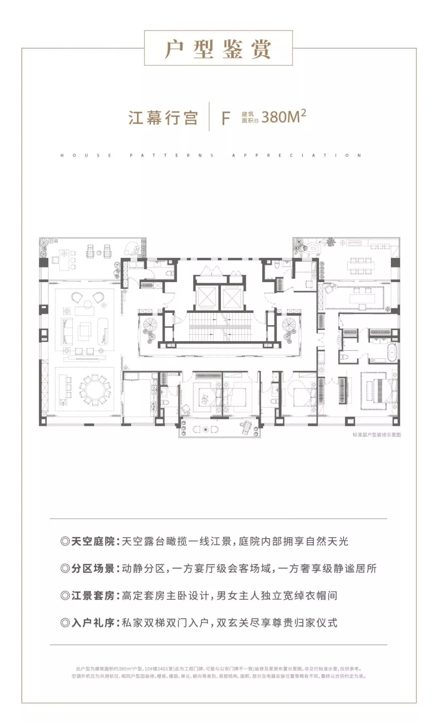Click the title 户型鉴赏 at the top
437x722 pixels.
pos(218,50)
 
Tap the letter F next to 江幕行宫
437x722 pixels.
pos(226,118)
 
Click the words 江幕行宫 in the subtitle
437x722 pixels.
pos(163,118)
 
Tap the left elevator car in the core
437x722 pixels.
pos(206,298)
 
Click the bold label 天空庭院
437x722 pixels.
pos(93,541)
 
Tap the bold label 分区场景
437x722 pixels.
pos(93,568)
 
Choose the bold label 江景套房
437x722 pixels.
pos(93,595)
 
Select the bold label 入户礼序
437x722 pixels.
pos(93,622)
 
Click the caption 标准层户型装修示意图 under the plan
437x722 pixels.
pos(376,435)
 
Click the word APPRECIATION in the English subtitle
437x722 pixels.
pos(297,155)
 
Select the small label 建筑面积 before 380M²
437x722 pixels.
pos(250,117)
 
